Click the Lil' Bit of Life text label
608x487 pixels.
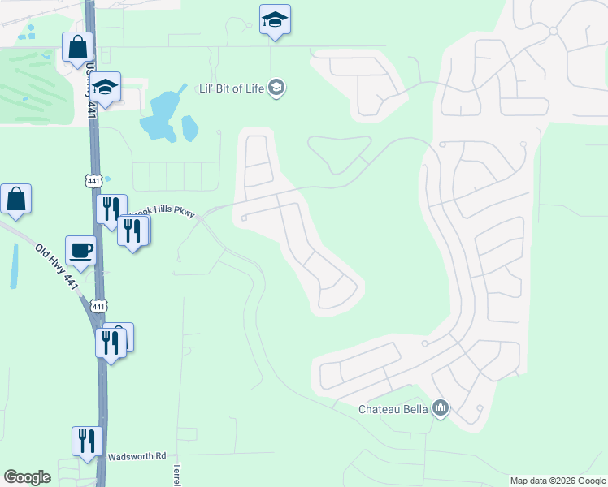[232, 88]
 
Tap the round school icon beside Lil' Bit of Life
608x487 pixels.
[276, 88]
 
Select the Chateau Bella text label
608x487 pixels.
[393, 409]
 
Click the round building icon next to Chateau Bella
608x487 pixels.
[441, 407]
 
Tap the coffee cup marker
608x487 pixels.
[81, 251]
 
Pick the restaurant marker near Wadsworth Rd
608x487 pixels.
[87, 442]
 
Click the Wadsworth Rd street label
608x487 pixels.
[137, 456]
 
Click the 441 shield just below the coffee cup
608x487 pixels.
[98, 306]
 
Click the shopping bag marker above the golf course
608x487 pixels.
[78, 47]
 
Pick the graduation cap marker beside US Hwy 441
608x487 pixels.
[105, 85]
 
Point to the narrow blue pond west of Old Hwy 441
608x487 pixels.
[14, 265]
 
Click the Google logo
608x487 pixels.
[27, 477]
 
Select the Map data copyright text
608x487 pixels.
[558, 481]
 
